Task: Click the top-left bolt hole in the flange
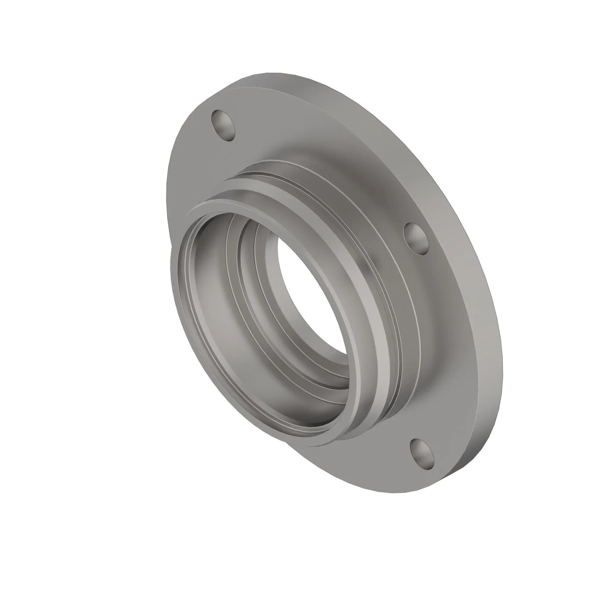click(x=223, y=125)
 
